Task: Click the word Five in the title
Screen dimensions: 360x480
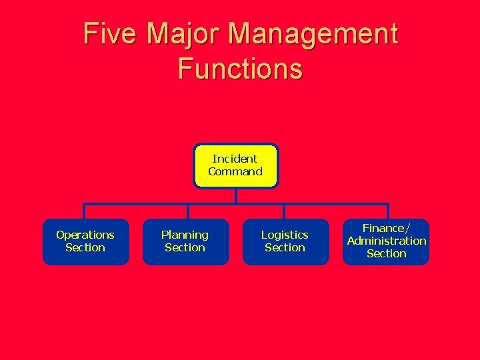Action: pyautogui.click(x=109, y=34)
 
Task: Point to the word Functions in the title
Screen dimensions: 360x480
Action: pyautogui.click(x=240, y=69)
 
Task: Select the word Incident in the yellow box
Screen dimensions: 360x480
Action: pyautogui.click(x=235, y=159)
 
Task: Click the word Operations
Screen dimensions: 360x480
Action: pyautogui.click(x=85, y=235)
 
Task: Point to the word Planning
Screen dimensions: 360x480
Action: pyautogui.click(x=185, y=235)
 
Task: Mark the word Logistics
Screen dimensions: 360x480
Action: pyautogui.click(x=285, y=235)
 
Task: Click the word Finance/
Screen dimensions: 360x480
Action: pyautogui.click(x=387, y=229)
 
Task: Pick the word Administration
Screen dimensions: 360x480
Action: pyautogui.click(x=387, y=241)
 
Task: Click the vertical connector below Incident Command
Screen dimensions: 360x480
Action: pyautogui.click(x=235, y=196)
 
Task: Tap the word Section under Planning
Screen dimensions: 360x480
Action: pyautogui.click(x=185, y=247)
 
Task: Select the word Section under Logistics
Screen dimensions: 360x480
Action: pyautogui.click(x=285, y=247)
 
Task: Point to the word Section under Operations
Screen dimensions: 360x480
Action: pyautogui.click(x=85, y=247)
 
